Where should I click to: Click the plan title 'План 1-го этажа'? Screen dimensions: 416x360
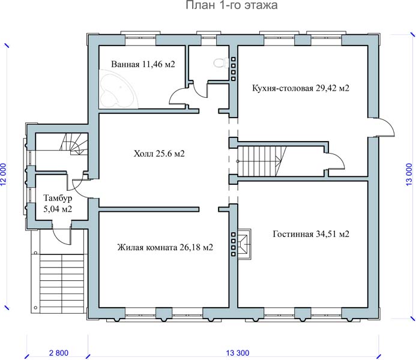tap(231, 5)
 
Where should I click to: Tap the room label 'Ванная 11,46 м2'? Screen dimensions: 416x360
tap(143, 64)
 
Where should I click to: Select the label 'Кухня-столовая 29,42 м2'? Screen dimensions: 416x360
tap(301, 88)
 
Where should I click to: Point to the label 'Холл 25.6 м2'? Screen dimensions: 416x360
tap(159, 154)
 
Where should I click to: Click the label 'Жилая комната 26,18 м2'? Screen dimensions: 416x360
tap(165, 247)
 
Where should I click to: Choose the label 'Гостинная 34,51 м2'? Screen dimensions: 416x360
tap(311, 234)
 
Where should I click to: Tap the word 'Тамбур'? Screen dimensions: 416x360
tap(58, 198)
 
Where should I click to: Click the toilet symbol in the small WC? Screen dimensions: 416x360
tap(221, 64)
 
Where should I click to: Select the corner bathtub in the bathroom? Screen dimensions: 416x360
tap(119, 89)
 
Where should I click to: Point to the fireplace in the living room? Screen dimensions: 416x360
tap(244, 244)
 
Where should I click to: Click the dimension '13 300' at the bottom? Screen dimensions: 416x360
tap(238, 353)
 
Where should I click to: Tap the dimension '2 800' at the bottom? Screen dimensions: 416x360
tap(59, 353)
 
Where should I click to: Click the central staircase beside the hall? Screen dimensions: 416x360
tap(262, 161)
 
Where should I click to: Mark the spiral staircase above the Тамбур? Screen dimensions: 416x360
tap(74, 144)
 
